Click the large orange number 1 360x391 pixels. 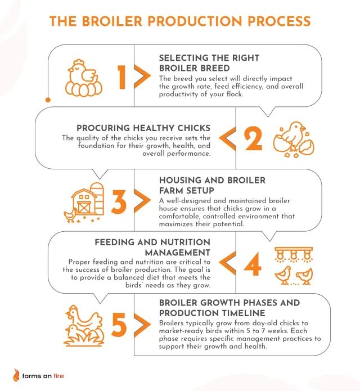tap(122, 77)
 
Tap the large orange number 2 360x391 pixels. tap(253, 138)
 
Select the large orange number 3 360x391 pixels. tap(119, 202)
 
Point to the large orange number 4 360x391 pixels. tap(253, 264)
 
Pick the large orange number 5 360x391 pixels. tap(119, 325)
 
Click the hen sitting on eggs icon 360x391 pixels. tap(84, 78)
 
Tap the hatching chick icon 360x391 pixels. tap(294, 140)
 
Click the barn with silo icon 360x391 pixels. tap(84, 202)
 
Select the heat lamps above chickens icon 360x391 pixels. tap(294, 266)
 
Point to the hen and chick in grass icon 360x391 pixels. tap(84, 326)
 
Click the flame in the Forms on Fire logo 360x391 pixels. tap(16, 375)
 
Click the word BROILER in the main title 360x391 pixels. tap(112, 21)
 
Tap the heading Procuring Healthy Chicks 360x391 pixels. tap(143, 128)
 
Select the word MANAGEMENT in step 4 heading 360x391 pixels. tap(178, 253)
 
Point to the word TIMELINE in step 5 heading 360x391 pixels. tap(237, 313)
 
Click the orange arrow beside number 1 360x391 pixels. tap(143, 77)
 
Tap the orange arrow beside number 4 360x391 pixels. tap(227, 263)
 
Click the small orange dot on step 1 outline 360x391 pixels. tap(48, 100)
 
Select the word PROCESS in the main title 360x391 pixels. tap(279, 21)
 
